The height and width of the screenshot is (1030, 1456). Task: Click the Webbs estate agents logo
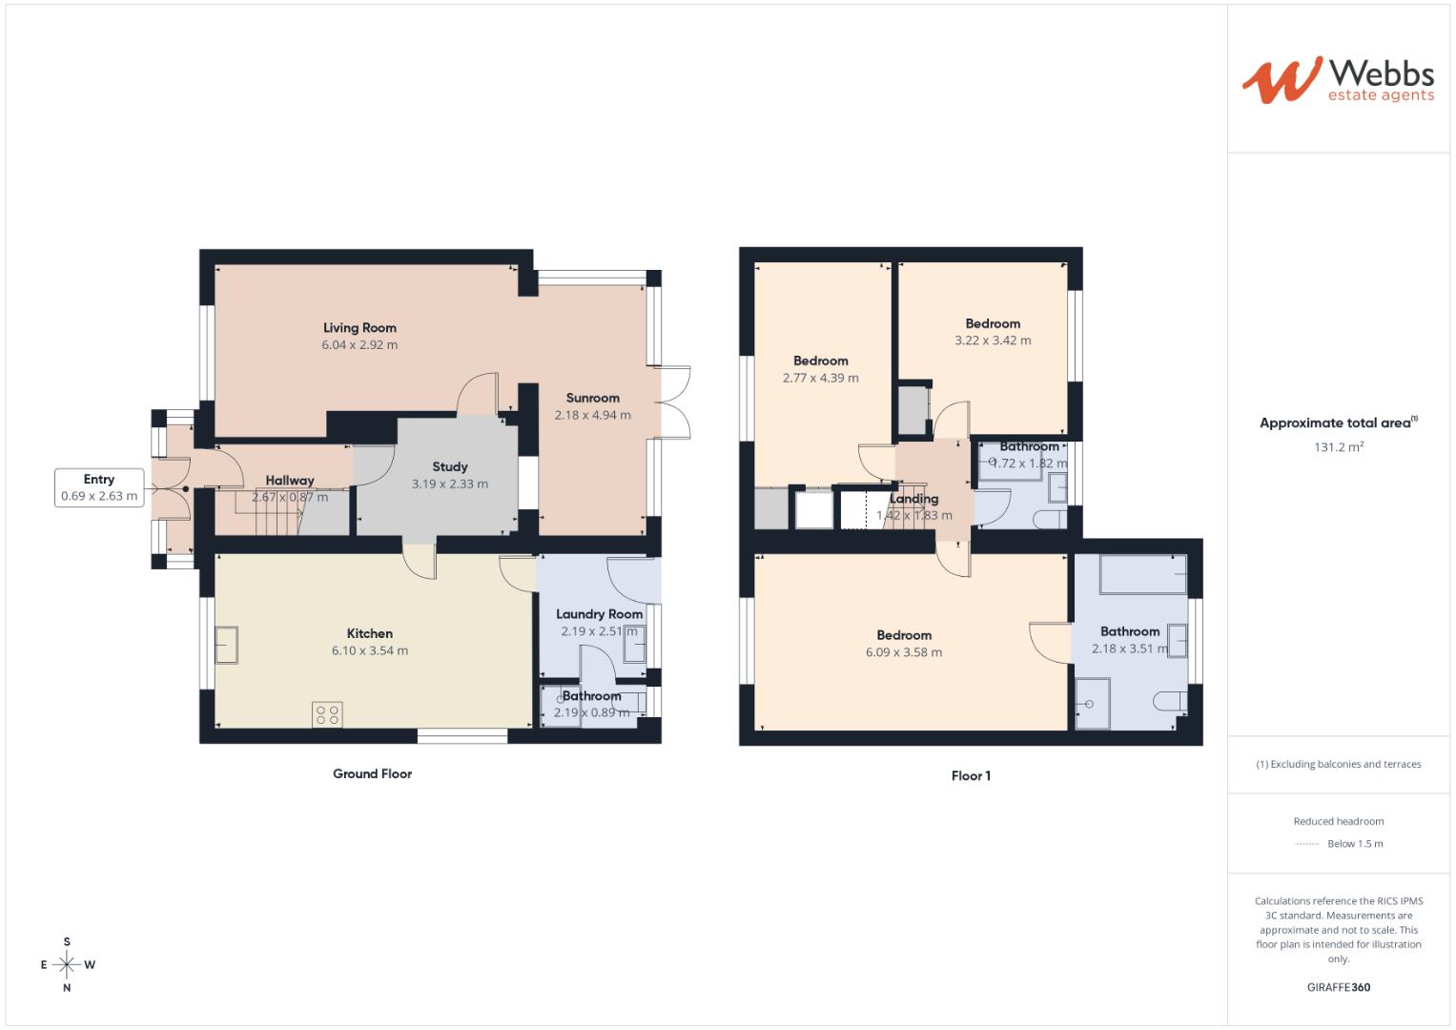1337,79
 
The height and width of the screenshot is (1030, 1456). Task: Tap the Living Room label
359,328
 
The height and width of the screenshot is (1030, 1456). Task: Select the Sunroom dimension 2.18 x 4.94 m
592,416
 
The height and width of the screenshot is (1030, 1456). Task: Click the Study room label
449,466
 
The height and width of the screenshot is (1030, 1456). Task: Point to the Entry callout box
99,487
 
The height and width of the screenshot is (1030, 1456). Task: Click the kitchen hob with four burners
328,714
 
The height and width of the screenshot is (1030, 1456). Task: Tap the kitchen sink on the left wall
227,645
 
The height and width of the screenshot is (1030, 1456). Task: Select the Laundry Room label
599,614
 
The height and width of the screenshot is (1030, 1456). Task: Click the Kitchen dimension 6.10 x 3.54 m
369,651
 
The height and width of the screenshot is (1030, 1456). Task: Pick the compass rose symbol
67,964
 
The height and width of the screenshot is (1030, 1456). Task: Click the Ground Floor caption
372,773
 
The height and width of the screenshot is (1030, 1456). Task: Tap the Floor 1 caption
971,776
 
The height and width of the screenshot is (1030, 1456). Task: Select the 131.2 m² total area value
1339,447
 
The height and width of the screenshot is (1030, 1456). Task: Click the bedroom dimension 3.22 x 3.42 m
993,340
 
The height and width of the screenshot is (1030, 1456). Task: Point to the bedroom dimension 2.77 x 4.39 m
820,378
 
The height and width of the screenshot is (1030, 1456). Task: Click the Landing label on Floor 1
913,499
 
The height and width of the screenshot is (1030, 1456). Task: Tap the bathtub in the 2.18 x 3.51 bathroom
1143,575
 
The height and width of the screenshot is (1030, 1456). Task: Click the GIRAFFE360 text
1338,988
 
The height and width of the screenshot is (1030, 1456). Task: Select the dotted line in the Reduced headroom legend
1306,844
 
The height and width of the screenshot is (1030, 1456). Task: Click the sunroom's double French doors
675,402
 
